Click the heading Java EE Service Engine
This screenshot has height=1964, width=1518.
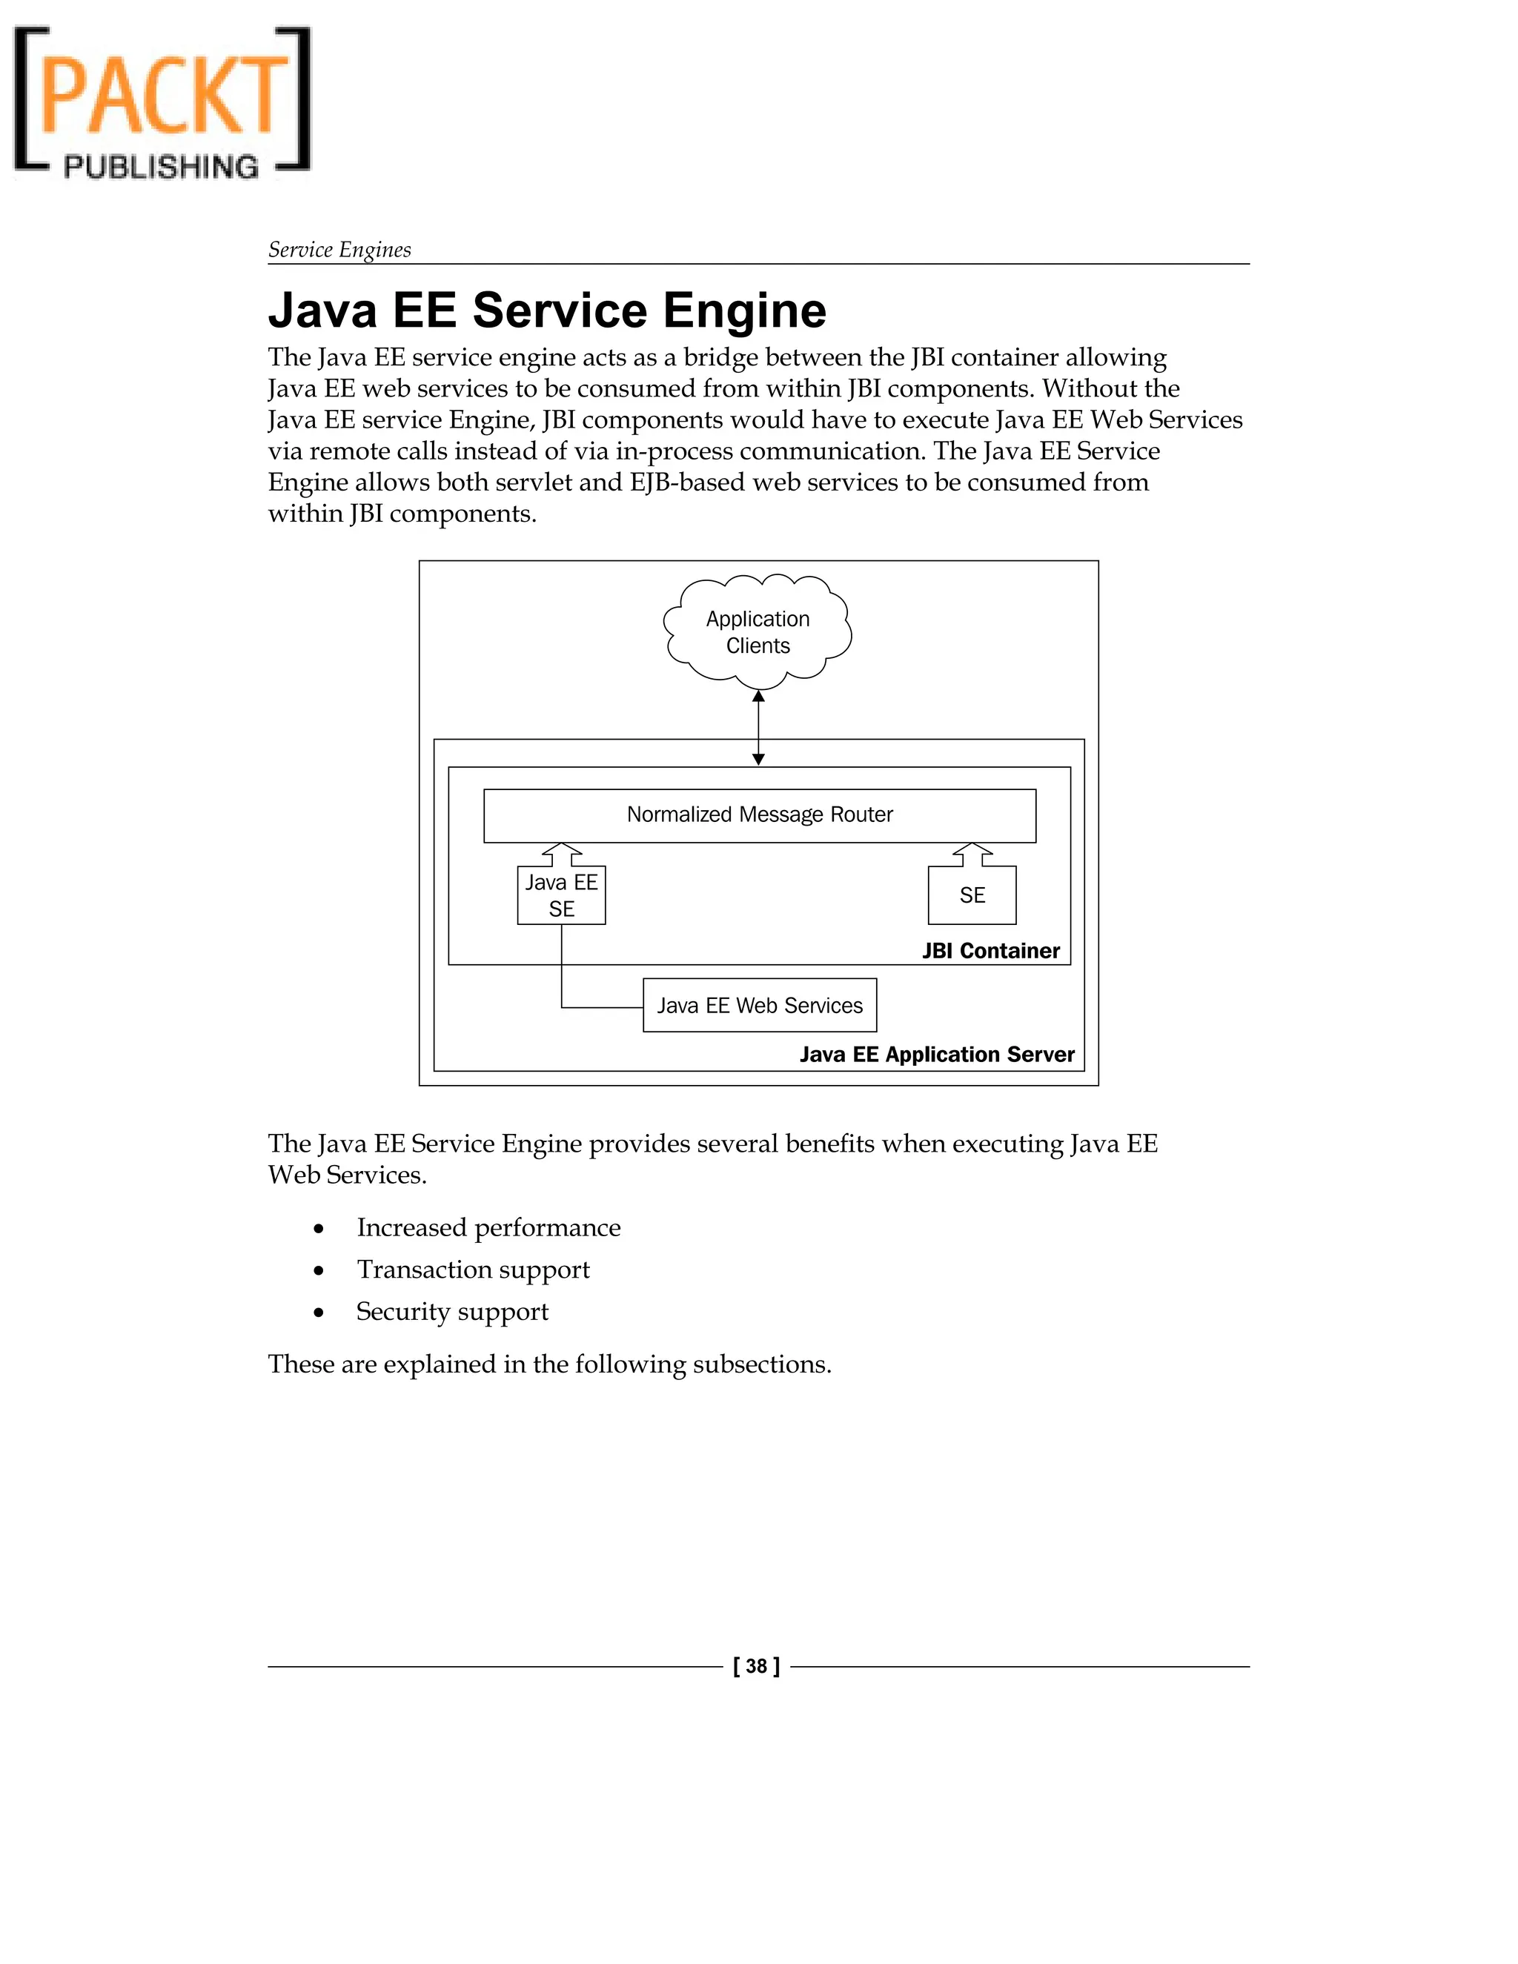547,311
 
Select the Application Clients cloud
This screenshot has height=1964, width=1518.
758,632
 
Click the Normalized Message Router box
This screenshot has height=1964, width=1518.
759,815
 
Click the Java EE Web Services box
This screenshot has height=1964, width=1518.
759,1006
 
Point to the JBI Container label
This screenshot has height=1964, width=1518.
990,951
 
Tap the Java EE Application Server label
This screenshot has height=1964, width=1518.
936,1054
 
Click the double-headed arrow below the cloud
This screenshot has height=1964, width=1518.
758,728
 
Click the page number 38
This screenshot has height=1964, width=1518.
756,1666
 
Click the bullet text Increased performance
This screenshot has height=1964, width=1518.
488,1227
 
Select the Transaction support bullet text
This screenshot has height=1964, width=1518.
473,1269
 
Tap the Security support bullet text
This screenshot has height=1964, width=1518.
452,1311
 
